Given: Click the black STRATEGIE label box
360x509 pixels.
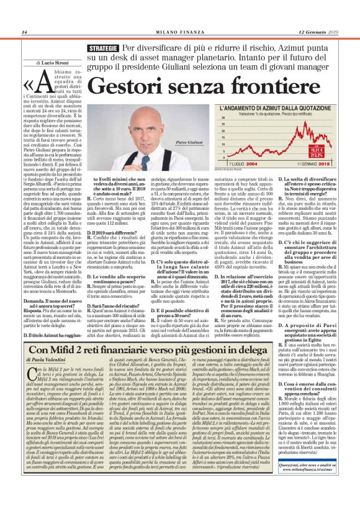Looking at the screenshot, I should pyautogui.click(x=102, y=48).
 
